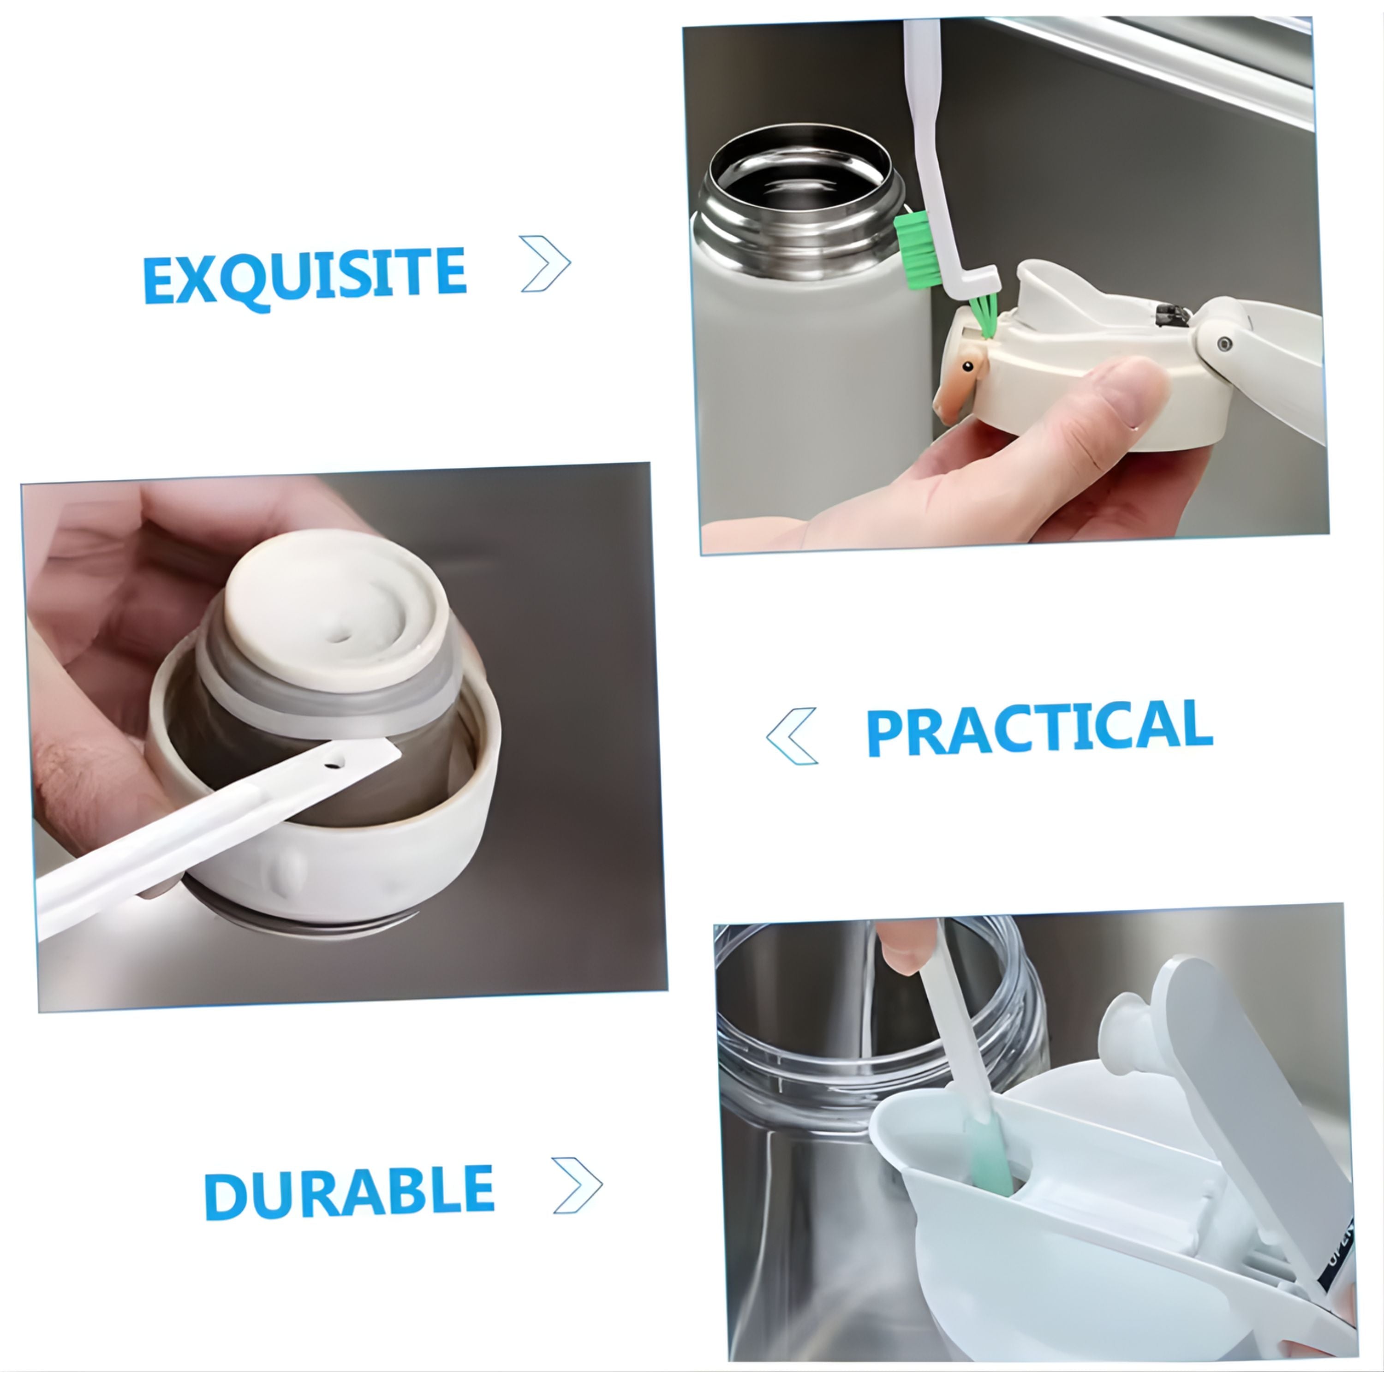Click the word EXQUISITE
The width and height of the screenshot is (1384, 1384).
(x=304, y=276)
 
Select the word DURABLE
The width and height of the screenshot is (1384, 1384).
(x=349, y=1193)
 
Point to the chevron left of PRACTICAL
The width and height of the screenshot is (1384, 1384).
(x=792, y=736)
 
